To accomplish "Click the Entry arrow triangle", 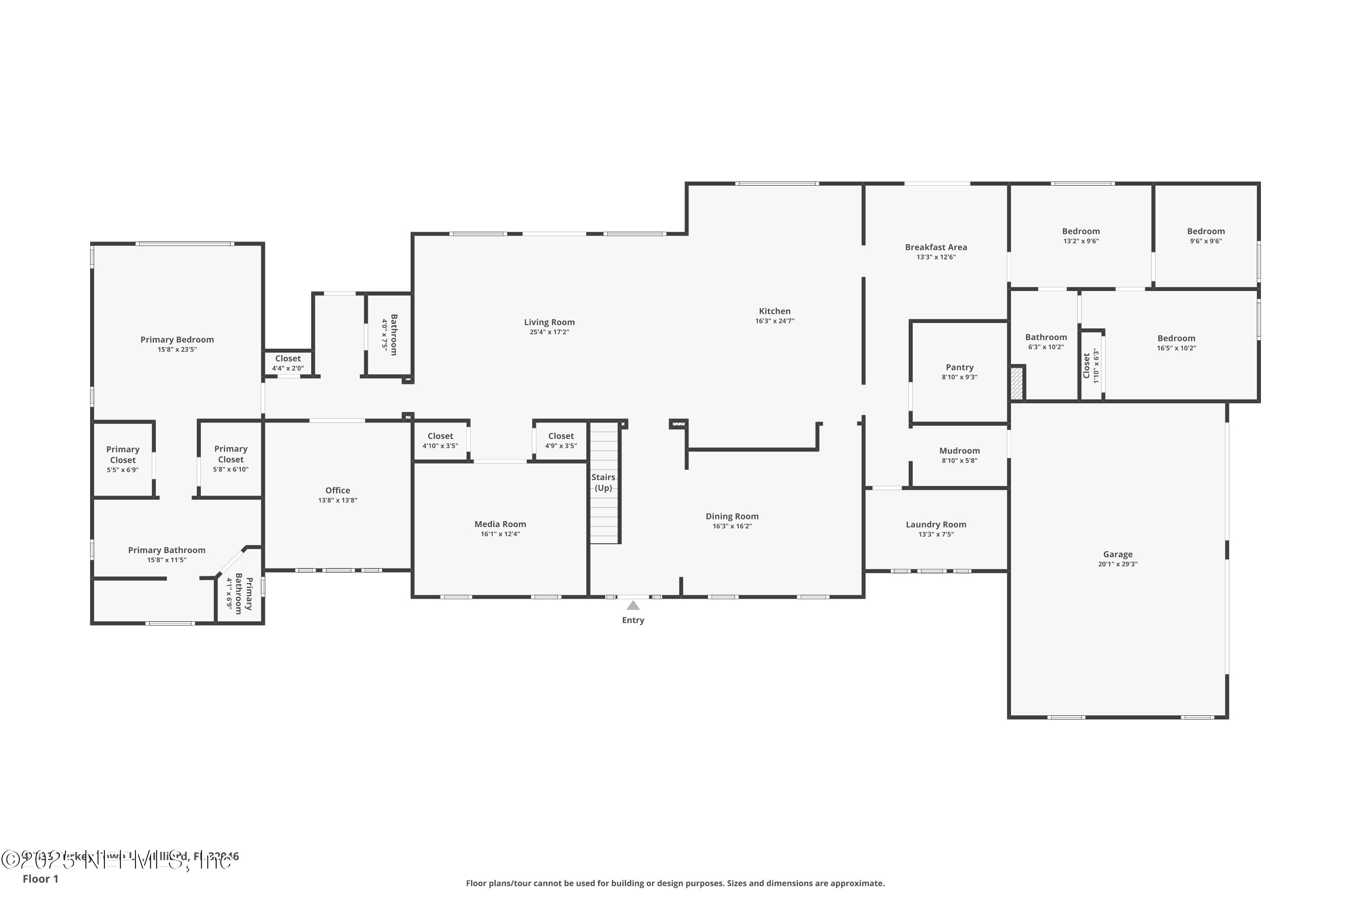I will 633,605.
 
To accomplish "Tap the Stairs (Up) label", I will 603,482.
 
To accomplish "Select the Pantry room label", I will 959,368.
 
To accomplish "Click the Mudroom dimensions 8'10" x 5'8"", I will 959,461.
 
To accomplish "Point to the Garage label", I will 1117,555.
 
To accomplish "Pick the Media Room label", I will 500,524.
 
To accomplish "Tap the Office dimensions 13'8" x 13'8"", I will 338,501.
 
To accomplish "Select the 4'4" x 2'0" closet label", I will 288,363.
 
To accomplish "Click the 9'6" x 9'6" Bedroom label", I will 1206,232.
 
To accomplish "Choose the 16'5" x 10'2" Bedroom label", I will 1176,338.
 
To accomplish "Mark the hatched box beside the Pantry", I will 1017,384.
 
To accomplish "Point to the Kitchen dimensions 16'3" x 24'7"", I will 774,321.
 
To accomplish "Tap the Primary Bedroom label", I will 177,340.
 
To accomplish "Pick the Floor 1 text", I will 40,878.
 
